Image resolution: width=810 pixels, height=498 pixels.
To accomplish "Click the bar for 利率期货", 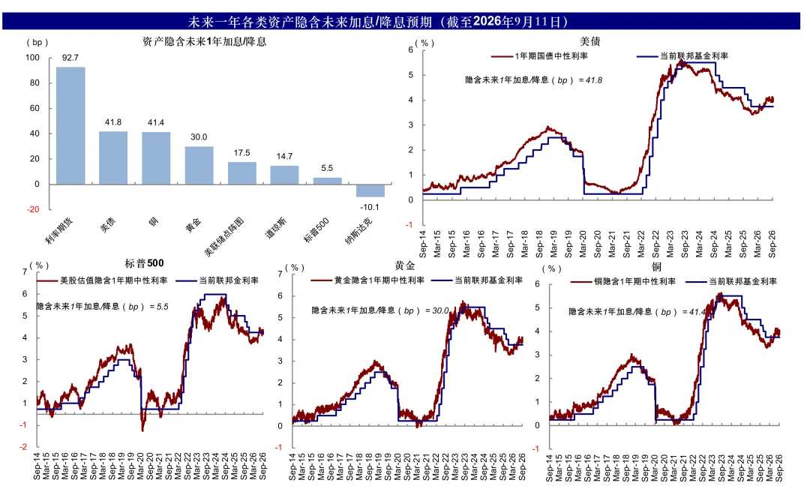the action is coord(70,125).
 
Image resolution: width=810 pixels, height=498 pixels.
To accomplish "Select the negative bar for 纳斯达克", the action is coord(370,190).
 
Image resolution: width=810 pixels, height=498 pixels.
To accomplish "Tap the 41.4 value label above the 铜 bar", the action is coord(156,122).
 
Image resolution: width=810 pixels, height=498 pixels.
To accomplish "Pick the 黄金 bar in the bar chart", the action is coord(199,165).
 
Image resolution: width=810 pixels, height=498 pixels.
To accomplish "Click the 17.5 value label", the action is coord(241,153).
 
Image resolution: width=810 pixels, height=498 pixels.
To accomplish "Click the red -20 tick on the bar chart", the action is coord(33,209).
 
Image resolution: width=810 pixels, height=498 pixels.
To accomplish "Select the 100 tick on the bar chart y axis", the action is coord(32,57).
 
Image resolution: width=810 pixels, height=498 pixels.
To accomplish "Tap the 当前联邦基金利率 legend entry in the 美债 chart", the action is coord(682,55).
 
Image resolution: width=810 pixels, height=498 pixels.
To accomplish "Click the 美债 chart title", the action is coord(589,41).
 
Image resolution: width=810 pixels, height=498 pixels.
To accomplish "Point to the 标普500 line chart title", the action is coord(144,263).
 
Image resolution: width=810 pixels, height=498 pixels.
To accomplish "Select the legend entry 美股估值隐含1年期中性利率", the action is coord(102,280).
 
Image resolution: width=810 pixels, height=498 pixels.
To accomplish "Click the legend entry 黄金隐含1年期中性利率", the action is coord(367,280).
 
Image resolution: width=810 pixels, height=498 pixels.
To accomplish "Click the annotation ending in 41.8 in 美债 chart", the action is coord(534,80).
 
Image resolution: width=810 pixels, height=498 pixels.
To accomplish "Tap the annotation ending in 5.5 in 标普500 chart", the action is coord(103,306).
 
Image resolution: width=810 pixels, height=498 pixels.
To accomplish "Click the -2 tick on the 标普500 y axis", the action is coord(23,447).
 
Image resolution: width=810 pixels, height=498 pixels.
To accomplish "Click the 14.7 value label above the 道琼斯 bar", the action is coord(285,156).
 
